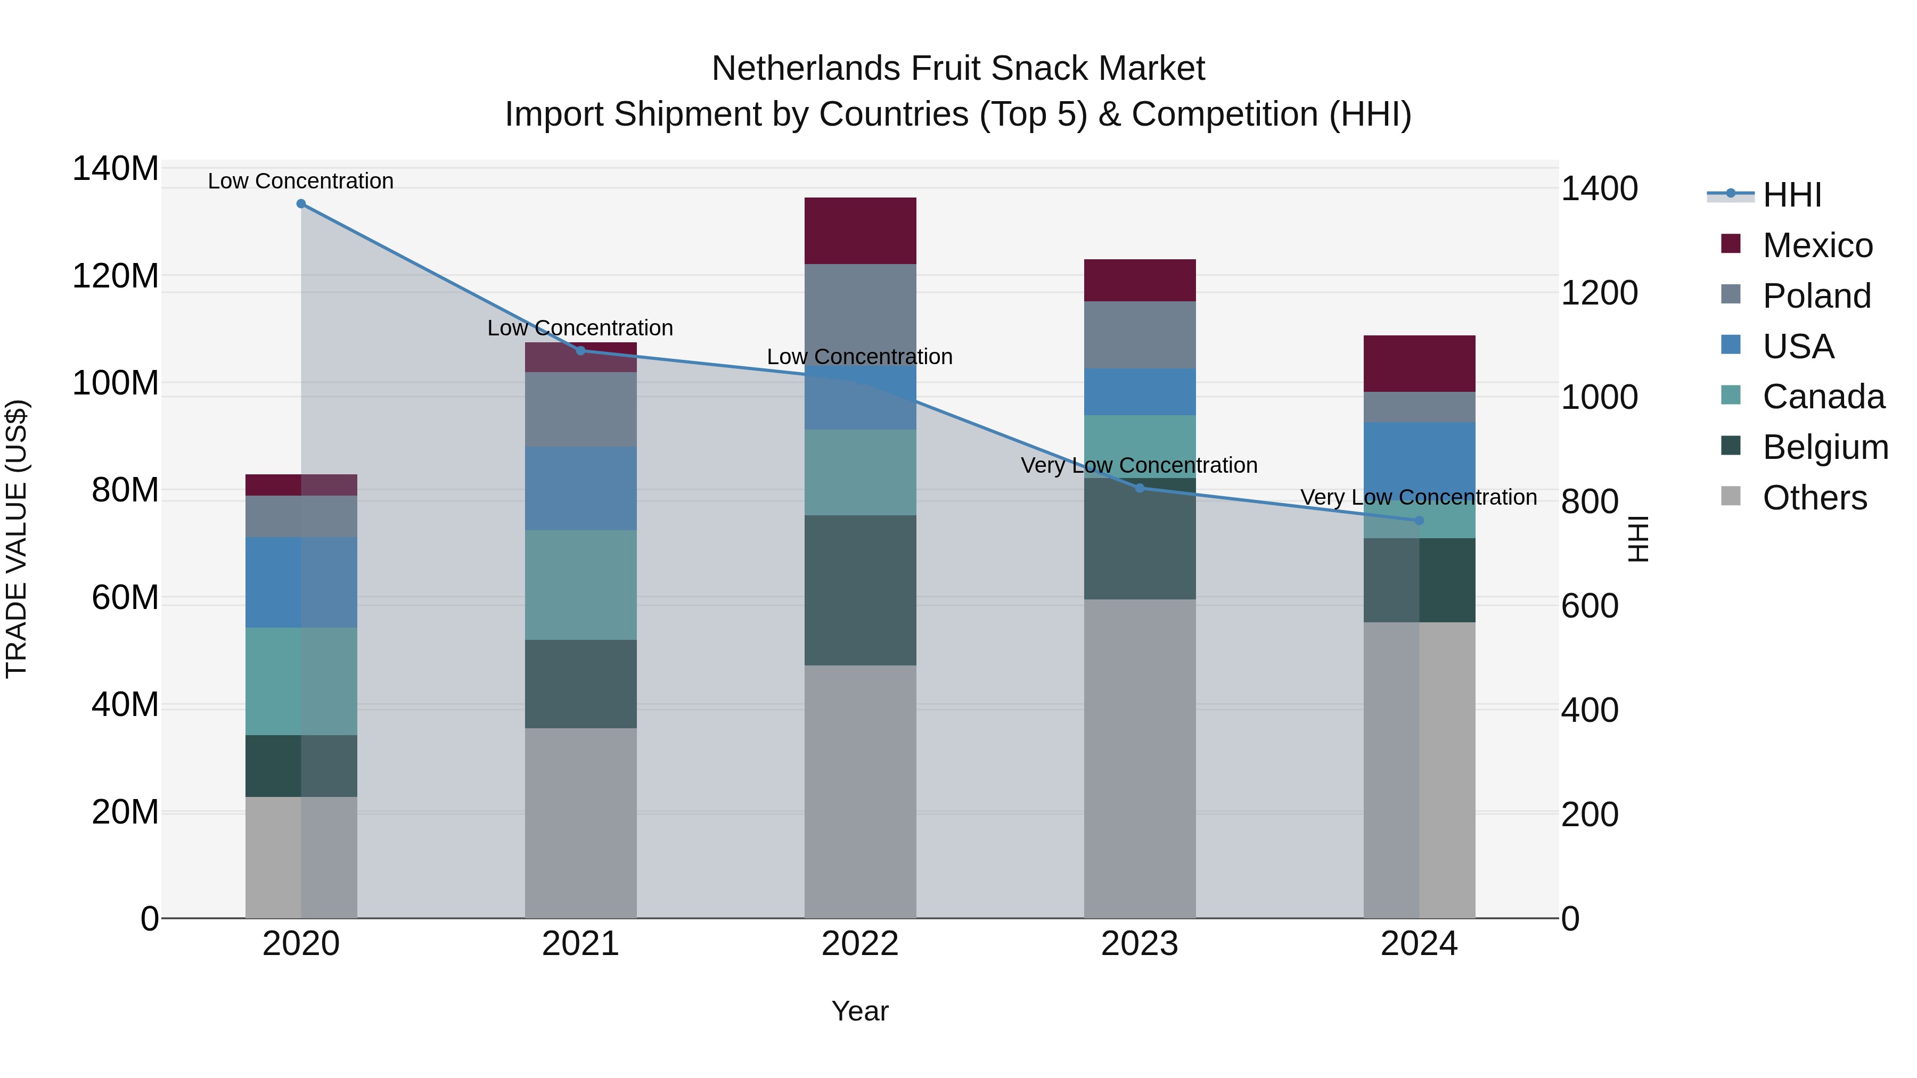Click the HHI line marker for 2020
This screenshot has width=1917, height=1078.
301,204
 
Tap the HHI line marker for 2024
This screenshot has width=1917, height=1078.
1419,521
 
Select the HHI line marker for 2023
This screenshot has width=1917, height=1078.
1140,488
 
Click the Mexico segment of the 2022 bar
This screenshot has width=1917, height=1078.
861,231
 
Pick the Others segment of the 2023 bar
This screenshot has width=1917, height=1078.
1140,759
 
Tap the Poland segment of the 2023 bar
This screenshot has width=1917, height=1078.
1140,335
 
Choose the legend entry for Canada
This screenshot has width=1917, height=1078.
1823,397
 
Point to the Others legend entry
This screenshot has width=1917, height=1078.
1814,498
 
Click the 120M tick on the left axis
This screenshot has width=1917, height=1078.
116,276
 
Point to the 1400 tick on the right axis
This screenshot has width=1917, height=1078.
1599,189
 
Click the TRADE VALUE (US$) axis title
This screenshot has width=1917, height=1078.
17,539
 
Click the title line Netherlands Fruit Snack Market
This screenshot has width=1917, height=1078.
958,69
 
